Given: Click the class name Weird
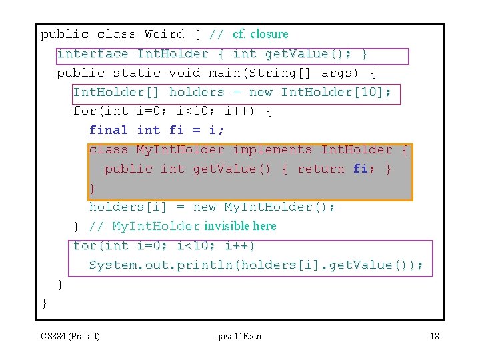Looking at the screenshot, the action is coord(164,34).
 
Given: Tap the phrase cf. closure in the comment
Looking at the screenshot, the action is coord(261,34).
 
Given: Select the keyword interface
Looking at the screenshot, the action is coord(92,53).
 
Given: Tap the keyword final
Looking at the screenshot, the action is coord(108,130).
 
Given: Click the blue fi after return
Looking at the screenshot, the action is coord(360,169).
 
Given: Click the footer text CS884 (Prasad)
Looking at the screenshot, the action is coord(70,336).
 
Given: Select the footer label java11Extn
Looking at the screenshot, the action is coord(239,336).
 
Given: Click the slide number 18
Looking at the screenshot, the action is coord(435,336).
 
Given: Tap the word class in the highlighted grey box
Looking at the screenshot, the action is coord(108,149).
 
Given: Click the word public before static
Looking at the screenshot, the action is coord(80,73).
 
